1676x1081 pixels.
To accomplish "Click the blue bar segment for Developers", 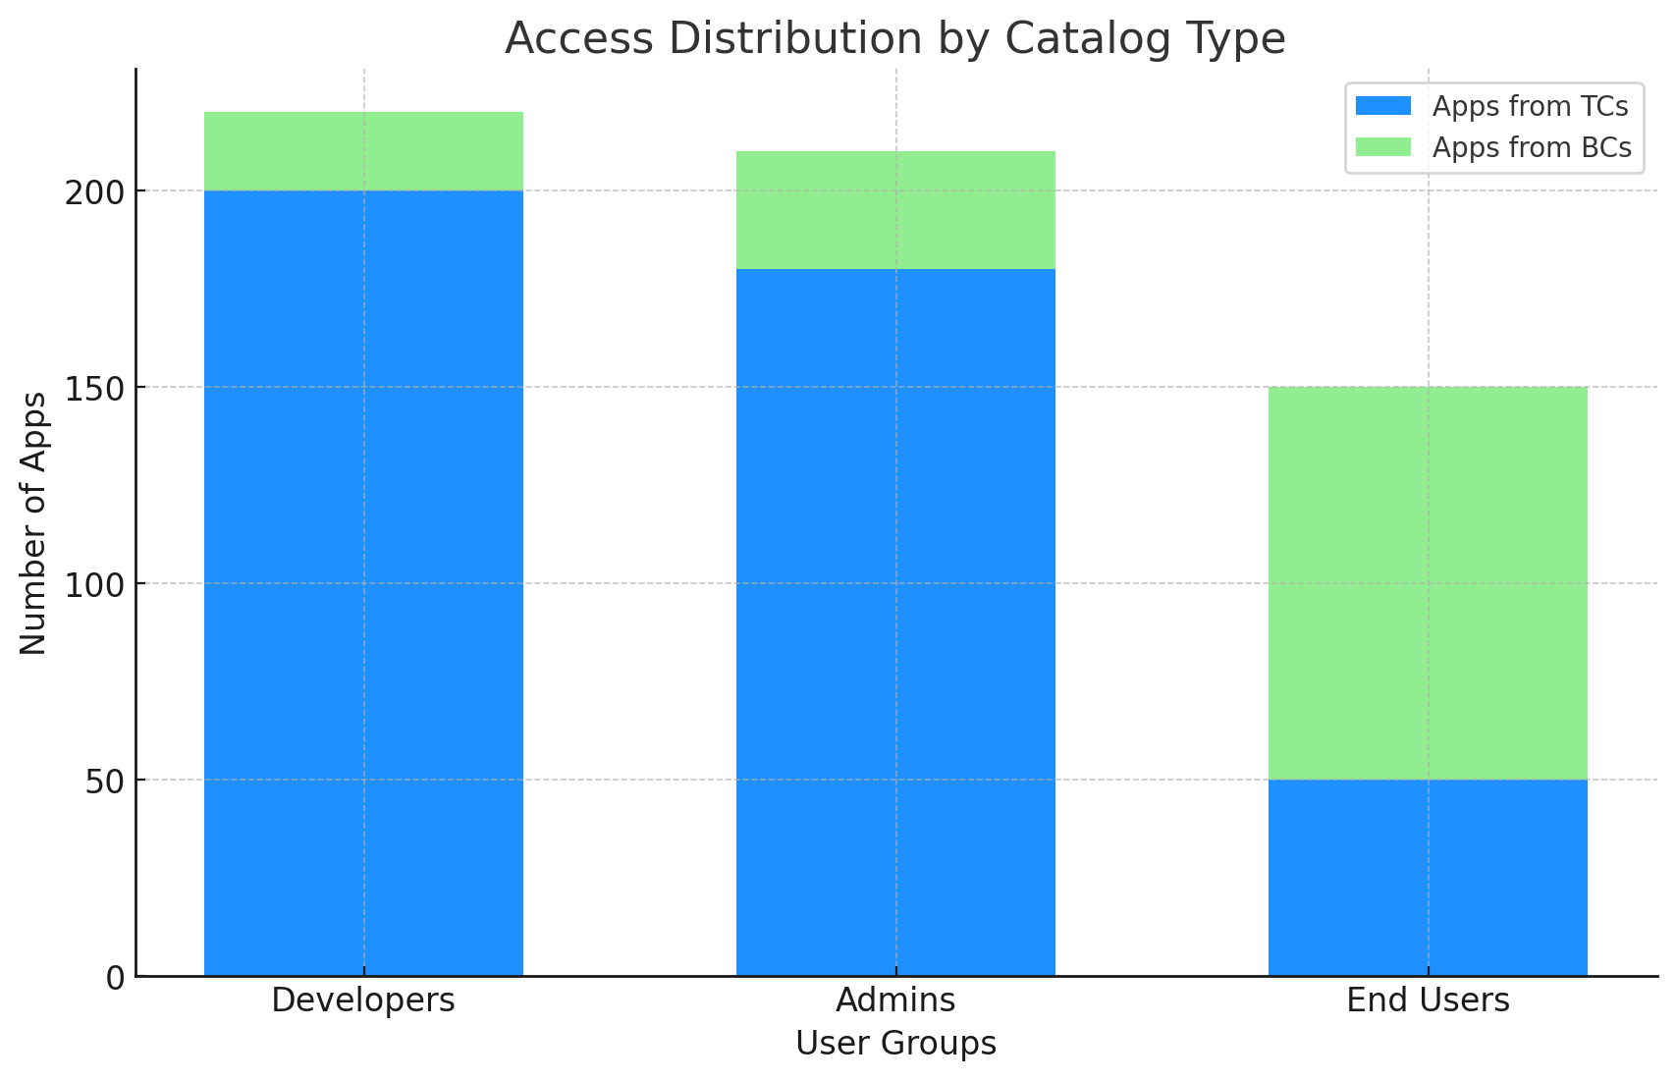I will coord(363,583).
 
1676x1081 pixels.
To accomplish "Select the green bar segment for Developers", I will coord(363,151).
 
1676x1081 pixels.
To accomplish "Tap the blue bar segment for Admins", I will coord(895,622).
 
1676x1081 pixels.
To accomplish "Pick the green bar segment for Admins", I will coord(895,210).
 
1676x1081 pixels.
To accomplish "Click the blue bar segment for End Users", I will coord(1428,878).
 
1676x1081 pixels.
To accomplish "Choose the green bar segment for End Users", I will coord(1428,583).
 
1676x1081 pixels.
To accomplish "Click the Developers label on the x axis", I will coord(363,1000).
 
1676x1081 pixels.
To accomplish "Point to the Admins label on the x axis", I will coord(895,1000).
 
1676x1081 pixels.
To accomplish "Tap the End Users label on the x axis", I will coord(1428,1000).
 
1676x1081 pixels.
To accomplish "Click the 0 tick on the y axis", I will coord(115,978).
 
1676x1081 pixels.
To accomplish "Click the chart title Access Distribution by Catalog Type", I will coord(895,39).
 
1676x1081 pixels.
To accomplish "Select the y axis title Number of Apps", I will coord(33,522).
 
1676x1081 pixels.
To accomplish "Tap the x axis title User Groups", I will coord(895,1044).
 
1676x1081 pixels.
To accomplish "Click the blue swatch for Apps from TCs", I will coord(1382,106).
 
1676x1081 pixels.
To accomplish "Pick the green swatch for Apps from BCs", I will coord(1382,147).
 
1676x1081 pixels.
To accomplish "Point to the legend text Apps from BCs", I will coord(1532,147).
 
